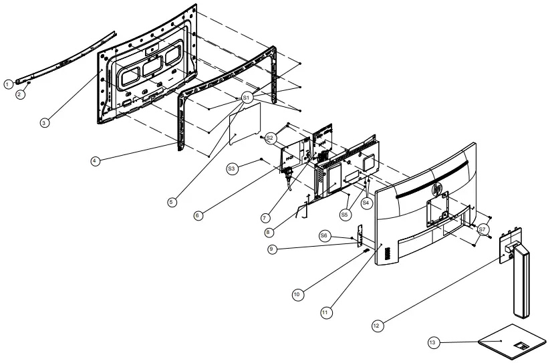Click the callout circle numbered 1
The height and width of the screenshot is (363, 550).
[x=7, y=84]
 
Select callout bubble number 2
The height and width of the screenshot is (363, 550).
[x=20, y=94]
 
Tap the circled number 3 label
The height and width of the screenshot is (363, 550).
[x=44, y=123]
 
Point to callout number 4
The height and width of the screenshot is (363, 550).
[x=96, y=162]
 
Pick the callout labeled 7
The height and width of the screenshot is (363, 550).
[x=265, y=217]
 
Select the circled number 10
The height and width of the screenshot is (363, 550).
[x=296, y=293]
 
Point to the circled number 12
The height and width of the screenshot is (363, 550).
[x=377, y=325]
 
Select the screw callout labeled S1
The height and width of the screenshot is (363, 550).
[x=247, y=97]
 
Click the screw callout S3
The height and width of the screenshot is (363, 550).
[x=232, y=168]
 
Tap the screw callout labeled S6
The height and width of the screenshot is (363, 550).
[x=324, y=236]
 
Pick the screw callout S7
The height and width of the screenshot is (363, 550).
[x=483, y=229]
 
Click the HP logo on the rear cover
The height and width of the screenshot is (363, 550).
[x=437, y=189]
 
